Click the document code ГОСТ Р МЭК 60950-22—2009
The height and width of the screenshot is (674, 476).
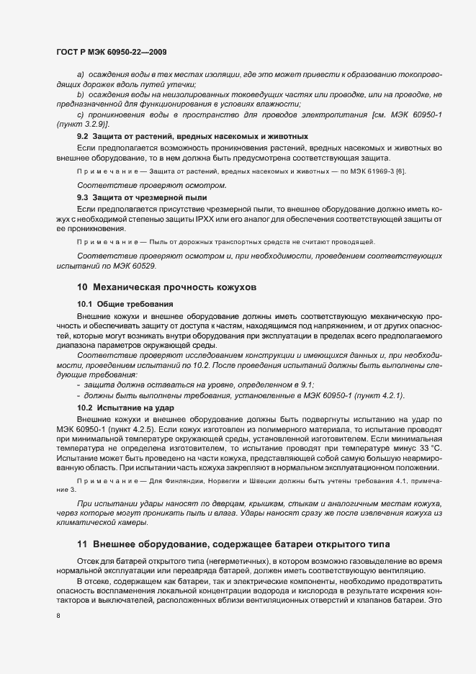coord(112,53)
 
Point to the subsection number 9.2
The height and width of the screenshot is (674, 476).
coord(82,136)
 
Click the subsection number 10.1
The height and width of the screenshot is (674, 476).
coord(84,304)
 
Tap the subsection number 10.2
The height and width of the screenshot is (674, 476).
coord(84,408)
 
